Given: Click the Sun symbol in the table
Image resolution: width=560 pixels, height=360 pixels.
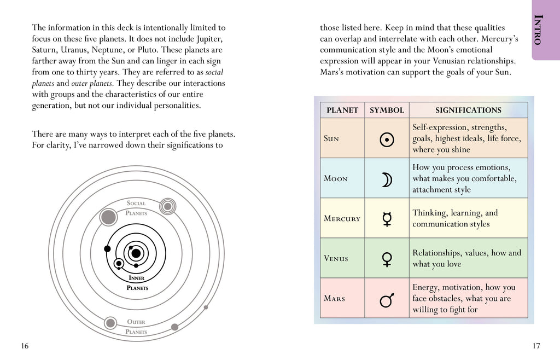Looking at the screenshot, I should point(387,140).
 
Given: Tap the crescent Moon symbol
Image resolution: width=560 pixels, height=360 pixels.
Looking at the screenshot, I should point(387,179).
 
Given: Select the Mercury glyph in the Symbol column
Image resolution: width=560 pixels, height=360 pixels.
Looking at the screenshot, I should point(387,219).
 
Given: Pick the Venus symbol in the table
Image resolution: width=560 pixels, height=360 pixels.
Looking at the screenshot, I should point(387,258).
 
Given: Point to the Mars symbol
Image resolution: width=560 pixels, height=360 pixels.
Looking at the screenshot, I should point(387,299).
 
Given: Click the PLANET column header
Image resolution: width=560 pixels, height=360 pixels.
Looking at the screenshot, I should point(342,110).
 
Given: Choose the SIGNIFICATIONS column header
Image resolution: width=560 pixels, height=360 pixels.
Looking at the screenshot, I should point(468,110).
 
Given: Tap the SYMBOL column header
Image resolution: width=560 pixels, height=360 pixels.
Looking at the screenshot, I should point(387,110).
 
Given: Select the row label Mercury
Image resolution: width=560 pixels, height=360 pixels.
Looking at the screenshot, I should point(342,219).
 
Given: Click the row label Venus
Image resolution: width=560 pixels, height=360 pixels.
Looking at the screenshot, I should point(336,259).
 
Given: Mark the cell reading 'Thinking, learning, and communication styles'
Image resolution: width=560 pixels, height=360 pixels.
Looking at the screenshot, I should point(468,218).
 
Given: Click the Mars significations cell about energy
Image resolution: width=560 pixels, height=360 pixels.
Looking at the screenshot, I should point(468,298).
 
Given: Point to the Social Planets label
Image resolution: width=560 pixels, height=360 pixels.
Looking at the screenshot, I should point(136,208).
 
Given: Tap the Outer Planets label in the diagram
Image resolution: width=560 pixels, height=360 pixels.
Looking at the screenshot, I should point(136,327).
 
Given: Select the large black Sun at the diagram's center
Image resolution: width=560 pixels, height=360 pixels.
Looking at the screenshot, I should point(136,253).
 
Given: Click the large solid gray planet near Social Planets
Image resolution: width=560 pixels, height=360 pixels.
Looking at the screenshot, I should point(109,217).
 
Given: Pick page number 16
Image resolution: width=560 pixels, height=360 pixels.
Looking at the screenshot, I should point(25,346).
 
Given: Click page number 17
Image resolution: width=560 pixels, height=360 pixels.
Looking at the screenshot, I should point(535,346).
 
